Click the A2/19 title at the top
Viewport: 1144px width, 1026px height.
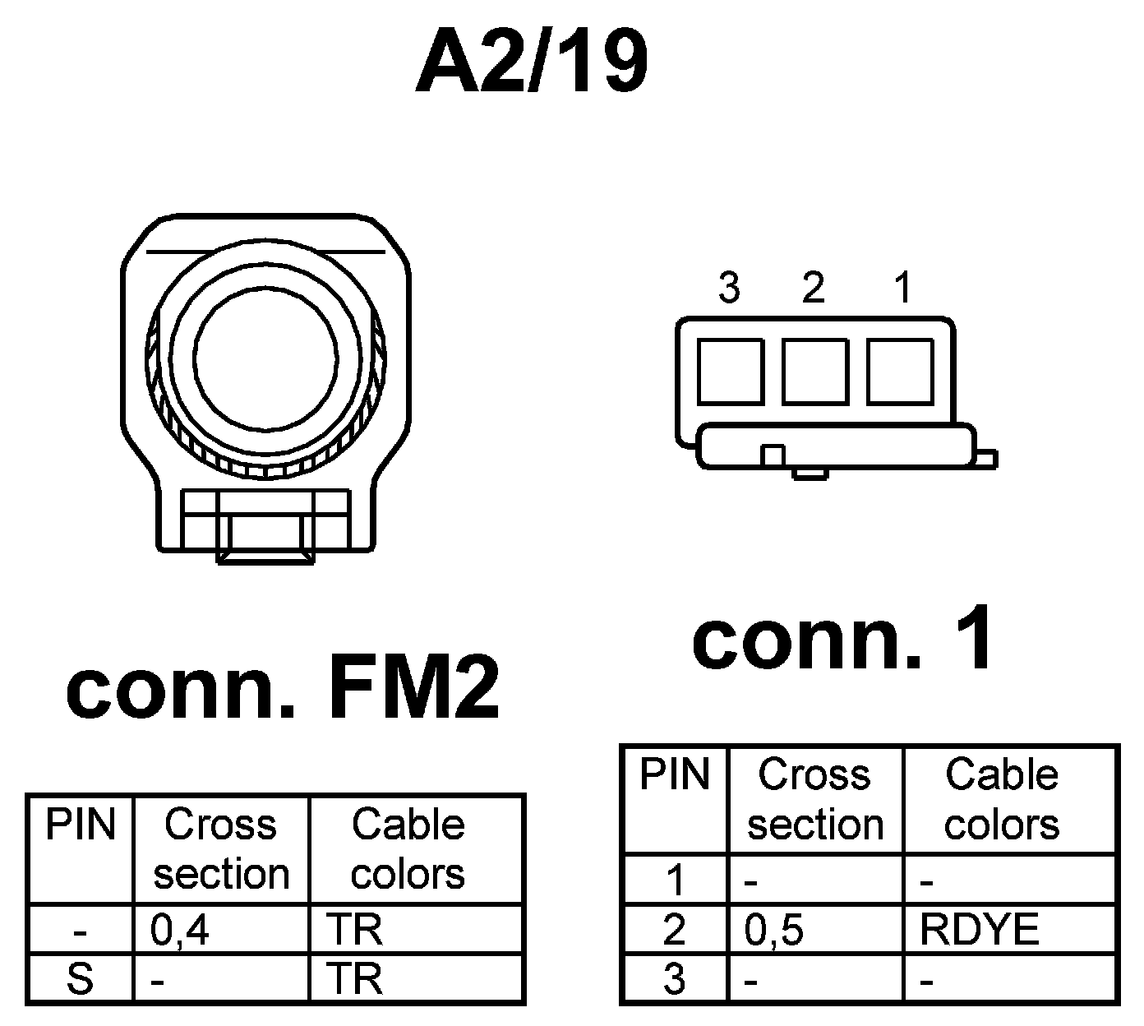[532, 63]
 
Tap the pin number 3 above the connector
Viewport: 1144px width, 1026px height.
[729, 288]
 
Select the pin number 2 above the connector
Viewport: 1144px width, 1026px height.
[813, 288]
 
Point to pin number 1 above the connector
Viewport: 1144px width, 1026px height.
[902, 288]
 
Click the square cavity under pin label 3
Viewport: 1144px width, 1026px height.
[731, 371]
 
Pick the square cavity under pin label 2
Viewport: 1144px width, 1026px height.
[815, 371]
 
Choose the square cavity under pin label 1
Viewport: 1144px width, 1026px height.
[900, 371]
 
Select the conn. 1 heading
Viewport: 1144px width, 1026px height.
[844, 640]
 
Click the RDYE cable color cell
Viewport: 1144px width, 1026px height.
[979, 930]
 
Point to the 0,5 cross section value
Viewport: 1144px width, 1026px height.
[773, 930]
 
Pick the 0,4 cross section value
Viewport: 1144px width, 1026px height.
[179, 930]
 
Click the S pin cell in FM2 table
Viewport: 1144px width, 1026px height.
[80, 979]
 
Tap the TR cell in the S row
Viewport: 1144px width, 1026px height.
[355, 979]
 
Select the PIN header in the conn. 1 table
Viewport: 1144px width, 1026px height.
[674, 774]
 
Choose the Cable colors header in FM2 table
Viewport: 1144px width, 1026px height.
[408, 849]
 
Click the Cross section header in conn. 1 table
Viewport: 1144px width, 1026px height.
[814, 799]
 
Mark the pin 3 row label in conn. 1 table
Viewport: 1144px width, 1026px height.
[674, 979]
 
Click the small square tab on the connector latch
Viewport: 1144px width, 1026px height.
[772, 455]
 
